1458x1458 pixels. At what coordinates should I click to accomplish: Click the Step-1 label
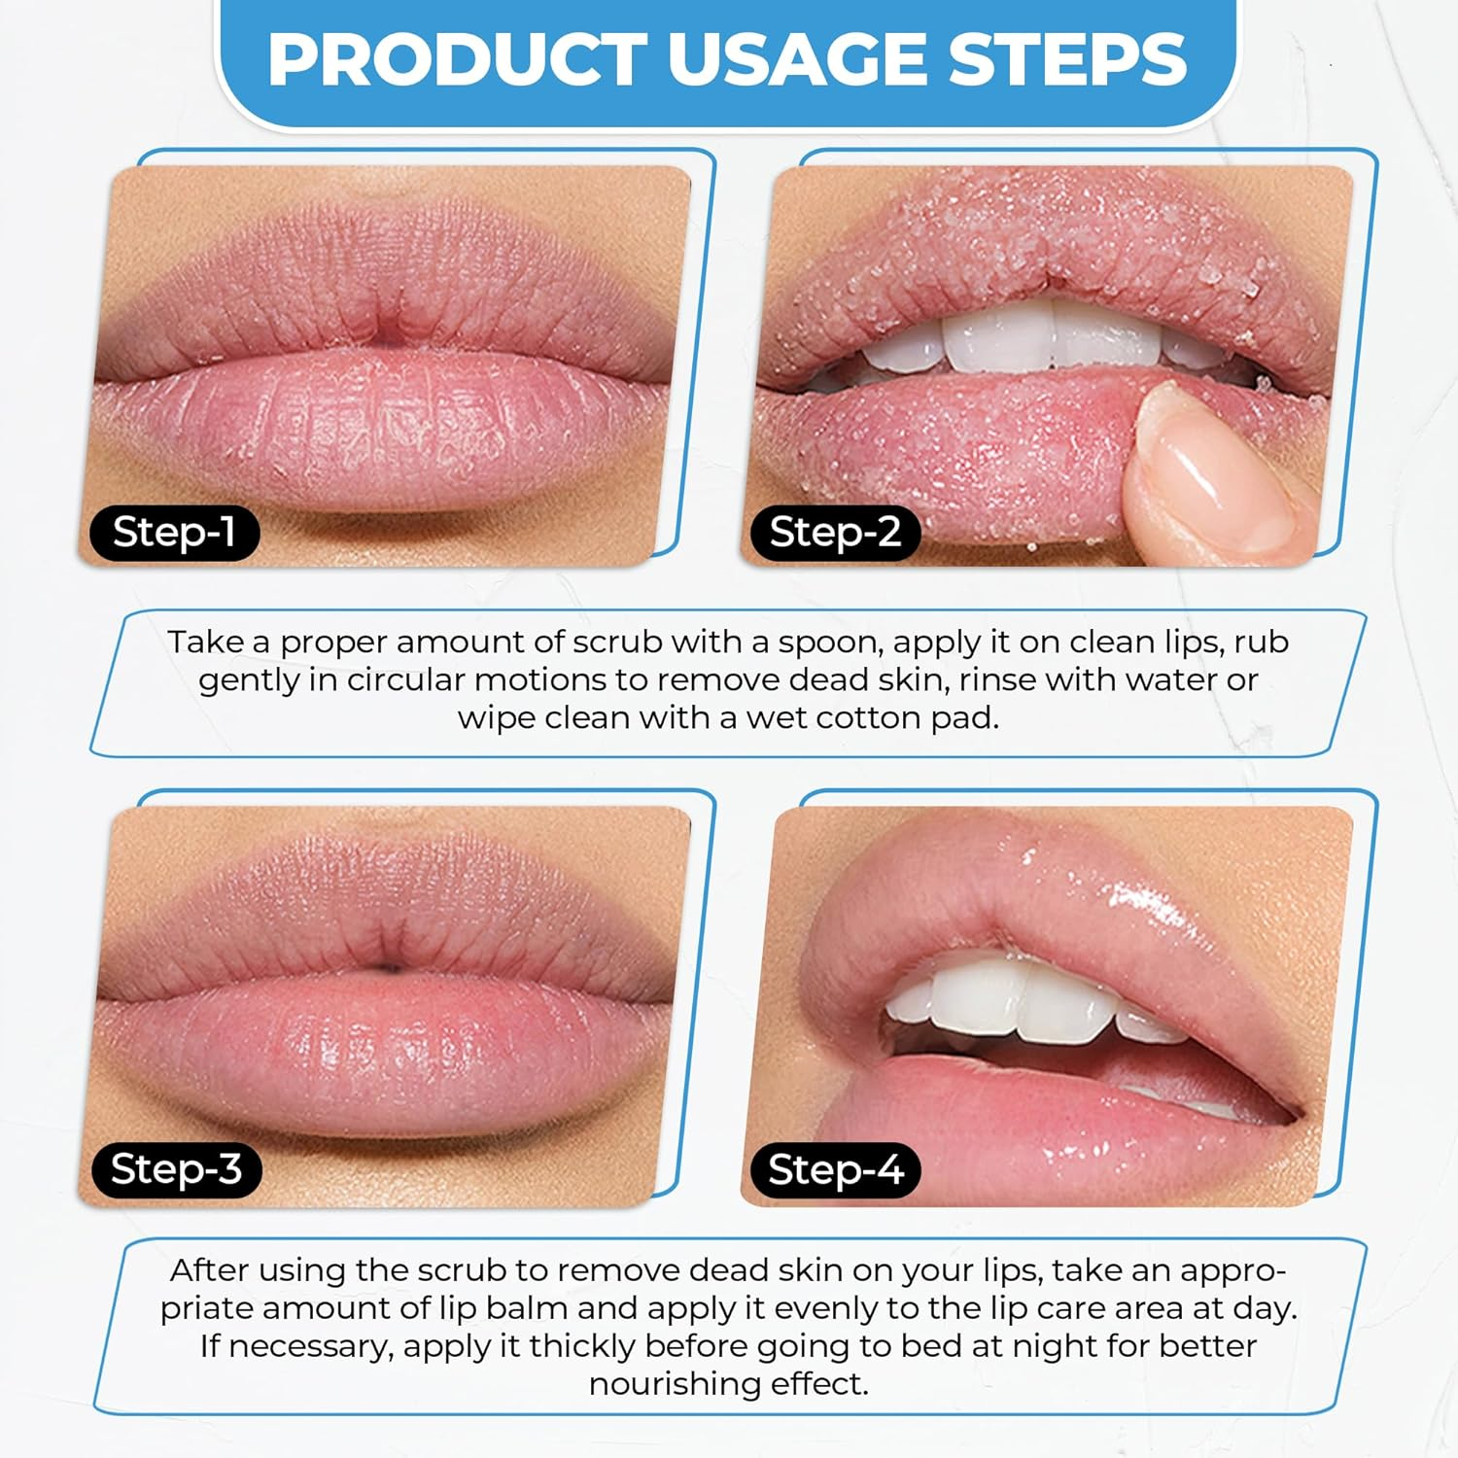pyautogui.click(x=174, y=533)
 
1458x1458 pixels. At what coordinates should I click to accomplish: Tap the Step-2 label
pyautogui.click(x=835, y=533)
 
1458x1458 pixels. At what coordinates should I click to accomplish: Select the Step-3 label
pyautogui.click(x=176, y=1168)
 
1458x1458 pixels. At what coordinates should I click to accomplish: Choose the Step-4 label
pyautogui.click(x=835, y=1169)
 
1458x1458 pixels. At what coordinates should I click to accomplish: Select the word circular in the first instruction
pyautogui.click(x=410, y=680)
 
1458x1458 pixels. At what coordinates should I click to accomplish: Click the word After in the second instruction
pyautogui.click(x=209, y=1270)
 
